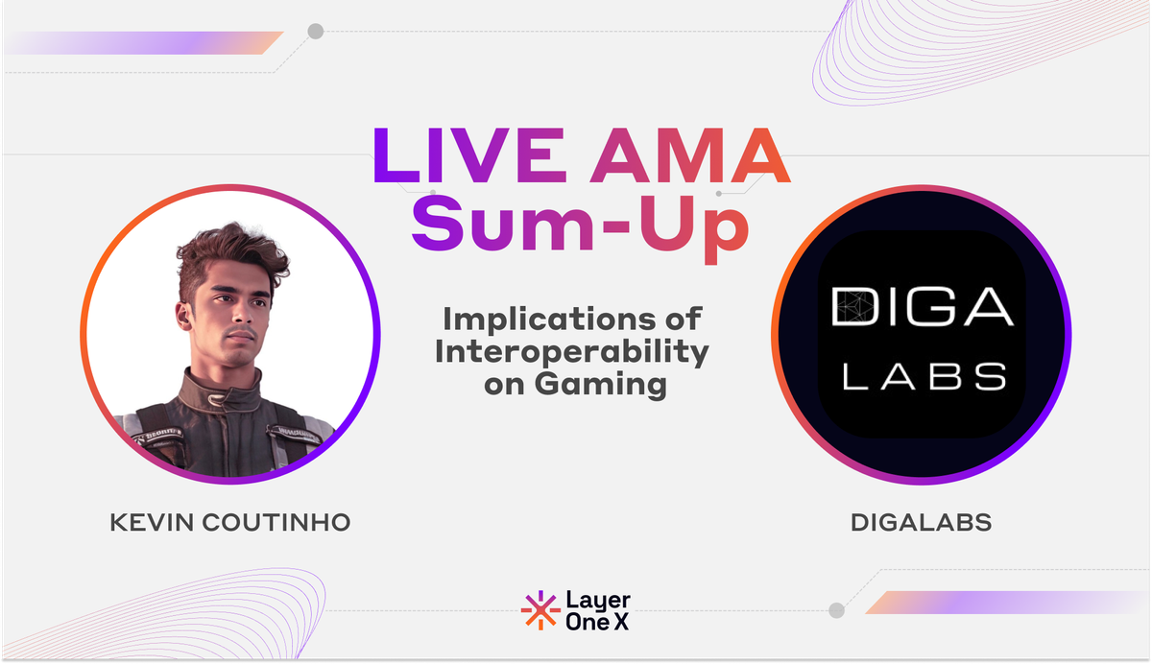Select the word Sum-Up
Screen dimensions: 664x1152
pyautogui.click(x=580, y=223)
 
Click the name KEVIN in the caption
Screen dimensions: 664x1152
pyautogui.click(x=154, y=523)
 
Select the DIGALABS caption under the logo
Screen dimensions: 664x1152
pyautogui.click(x=921, y=523)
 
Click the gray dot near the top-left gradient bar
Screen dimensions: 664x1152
pyautogui.click(x=315, y=32)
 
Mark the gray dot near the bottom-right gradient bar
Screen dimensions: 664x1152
pyautogui.click(x=836, y=610)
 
